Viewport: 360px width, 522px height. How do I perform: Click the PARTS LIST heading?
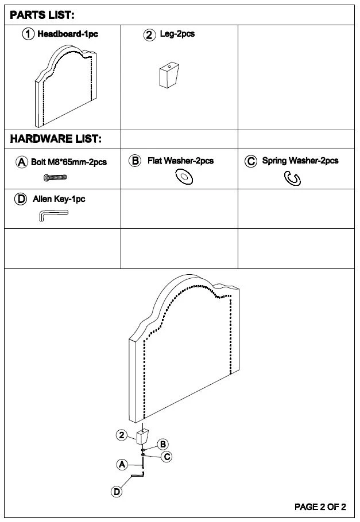(x=42, y=15)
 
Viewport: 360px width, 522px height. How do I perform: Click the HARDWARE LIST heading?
(x=56, y=139)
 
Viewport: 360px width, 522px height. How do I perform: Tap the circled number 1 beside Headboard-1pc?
(x=28, y=34)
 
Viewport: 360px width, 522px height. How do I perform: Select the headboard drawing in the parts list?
(x=65, y=86)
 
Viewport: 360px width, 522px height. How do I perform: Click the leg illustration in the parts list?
(x=169, y=75)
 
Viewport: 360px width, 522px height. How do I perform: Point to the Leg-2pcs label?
(x=177, y=34)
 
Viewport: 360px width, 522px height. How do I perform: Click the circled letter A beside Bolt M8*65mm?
(x=22, y=162)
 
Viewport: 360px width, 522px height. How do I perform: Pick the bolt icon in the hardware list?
(x=55, y=177)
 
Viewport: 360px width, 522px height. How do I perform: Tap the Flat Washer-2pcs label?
(x=181, y=161)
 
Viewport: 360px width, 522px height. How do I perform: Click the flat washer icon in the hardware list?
(x=184, y=177)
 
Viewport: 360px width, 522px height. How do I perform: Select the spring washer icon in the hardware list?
(x=292, y=178)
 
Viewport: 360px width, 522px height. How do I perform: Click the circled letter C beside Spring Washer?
(x=251, y=161)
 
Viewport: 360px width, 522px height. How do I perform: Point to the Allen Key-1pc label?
(x=59, y=199)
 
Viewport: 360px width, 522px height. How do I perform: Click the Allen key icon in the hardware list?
(x=53, y=215)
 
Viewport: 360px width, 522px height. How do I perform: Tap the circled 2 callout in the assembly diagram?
(x=122, y=435)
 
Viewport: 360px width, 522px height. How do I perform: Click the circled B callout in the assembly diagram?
(x=162, y=444)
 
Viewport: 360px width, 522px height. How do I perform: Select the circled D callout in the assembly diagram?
(x=117, y=492)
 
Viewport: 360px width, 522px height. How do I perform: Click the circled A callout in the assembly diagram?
(x=122, y=465)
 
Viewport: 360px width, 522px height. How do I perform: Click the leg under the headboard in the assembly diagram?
(x=142, y=437)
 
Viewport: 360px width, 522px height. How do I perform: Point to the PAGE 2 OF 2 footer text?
(x=320, y=507)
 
